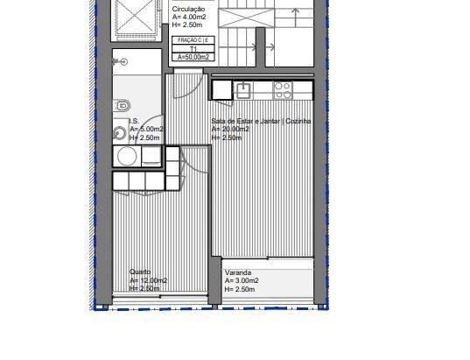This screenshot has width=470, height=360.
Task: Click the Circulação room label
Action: click(188, 10)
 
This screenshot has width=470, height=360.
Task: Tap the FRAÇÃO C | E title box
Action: click(193, 40)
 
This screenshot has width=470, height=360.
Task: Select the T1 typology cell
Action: click(193, 49)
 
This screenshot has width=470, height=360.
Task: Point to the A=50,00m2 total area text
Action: click(193, 57)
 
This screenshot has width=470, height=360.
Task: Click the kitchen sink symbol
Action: click(243, 90)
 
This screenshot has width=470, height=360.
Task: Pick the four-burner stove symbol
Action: click(283, 90)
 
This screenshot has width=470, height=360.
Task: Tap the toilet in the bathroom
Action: click(122, 106)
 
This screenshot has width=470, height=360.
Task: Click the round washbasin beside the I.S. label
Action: click(120, 133)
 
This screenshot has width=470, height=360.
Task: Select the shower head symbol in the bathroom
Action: click(120, 62)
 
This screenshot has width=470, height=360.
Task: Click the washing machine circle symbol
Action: click(127, 156)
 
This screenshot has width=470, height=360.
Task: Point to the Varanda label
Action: click(238, 272)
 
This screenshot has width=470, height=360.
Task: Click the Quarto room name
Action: click(140, 272)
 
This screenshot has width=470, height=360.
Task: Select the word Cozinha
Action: click(298, 121)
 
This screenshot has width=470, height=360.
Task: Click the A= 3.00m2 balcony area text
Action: click(242, 281)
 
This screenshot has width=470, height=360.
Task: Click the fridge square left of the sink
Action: click(222, 90)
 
